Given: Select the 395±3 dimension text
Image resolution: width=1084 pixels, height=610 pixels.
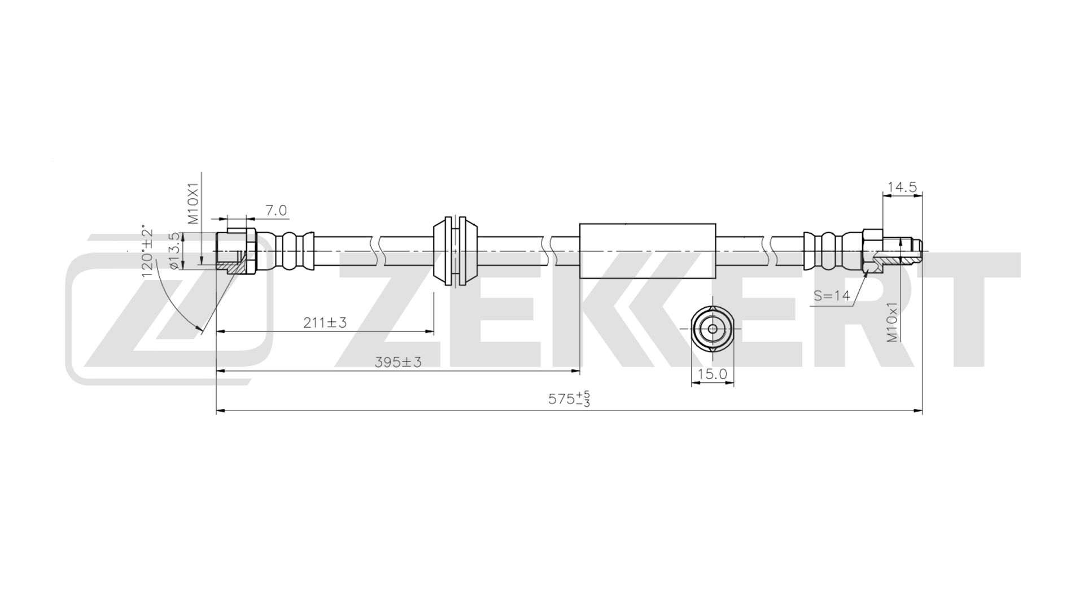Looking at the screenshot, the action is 398,362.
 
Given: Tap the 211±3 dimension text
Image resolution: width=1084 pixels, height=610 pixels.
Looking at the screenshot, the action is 325,323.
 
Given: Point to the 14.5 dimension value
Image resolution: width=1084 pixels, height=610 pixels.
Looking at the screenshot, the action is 902,187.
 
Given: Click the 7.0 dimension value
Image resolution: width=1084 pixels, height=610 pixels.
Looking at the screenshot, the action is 276,211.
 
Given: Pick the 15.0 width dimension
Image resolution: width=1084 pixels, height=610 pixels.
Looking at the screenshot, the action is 713,373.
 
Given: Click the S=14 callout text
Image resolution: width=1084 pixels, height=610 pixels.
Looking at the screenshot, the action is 832,295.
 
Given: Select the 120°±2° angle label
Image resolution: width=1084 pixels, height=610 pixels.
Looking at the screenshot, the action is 147,251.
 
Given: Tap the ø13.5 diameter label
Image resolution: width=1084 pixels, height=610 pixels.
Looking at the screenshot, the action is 174,251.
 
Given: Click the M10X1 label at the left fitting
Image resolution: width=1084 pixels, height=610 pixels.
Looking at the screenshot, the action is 194,203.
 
